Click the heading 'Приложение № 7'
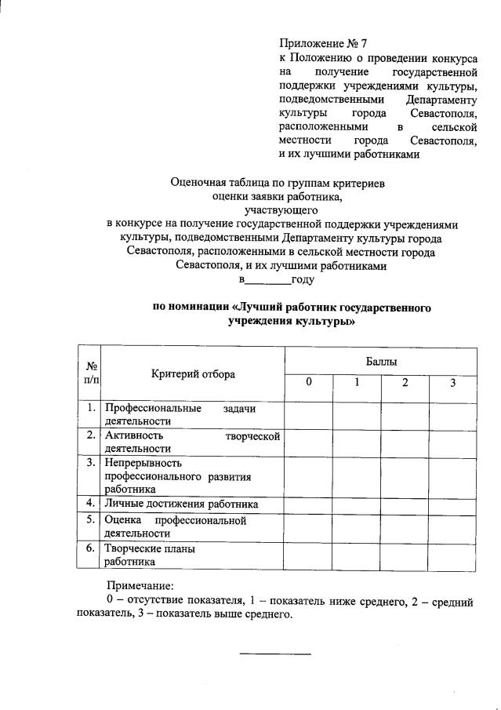323,44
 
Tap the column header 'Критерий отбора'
193,374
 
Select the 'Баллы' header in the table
382,362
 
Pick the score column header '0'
309,382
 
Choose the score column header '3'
452,382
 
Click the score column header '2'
405,382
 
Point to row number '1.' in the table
92,407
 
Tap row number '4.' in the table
92,503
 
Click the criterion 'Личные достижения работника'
182,504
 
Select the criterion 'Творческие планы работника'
150,555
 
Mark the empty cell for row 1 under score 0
309,413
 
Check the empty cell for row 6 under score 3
452,555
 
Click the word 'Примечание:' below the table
140,585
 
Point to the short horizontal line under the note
274,654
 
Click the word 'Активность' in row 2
134,435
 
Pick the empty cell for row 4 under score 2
405,504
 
